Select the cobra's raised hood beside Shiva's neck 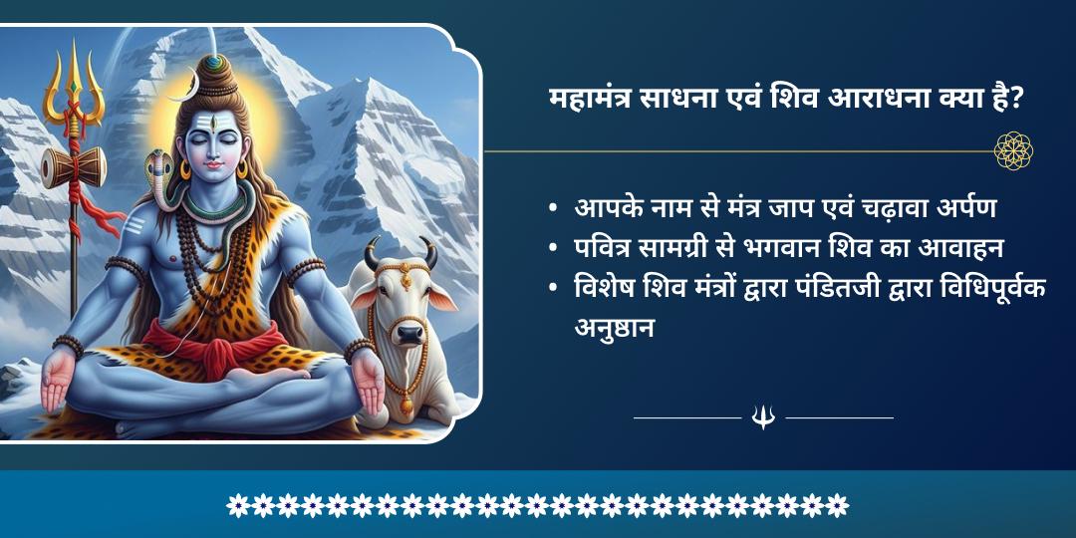156,167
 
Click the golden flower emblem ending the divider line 1013,151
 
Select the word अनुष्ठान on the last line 615,328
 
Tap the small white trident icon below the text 763,417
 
